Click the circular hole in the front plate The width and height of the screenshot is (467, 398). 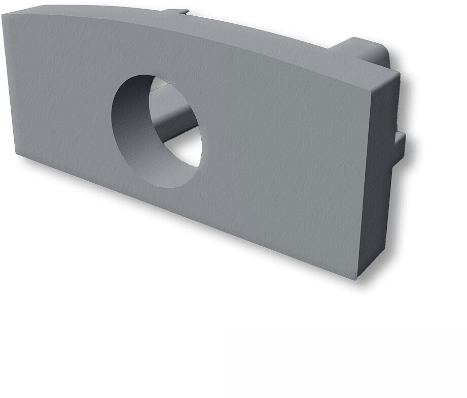(x=156, y=131)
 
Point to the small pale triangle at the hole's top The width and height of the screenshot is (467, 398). (x=158, y=84)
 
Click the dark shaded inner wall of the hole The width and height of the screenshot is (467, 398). (x=127, y=122)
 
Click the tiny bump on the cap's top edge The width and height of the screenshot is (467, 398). (x=180, y=11)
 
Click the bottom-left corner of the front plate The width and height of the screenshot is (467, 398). (x=16, y=154)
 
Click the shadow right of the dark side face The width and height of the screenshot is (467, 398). (x=401, y=213)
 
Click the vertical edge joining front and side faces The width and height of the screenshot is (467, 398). (x=364, y=183)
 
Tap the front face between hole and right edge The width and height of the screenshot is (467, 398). (x=284, y=152)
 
